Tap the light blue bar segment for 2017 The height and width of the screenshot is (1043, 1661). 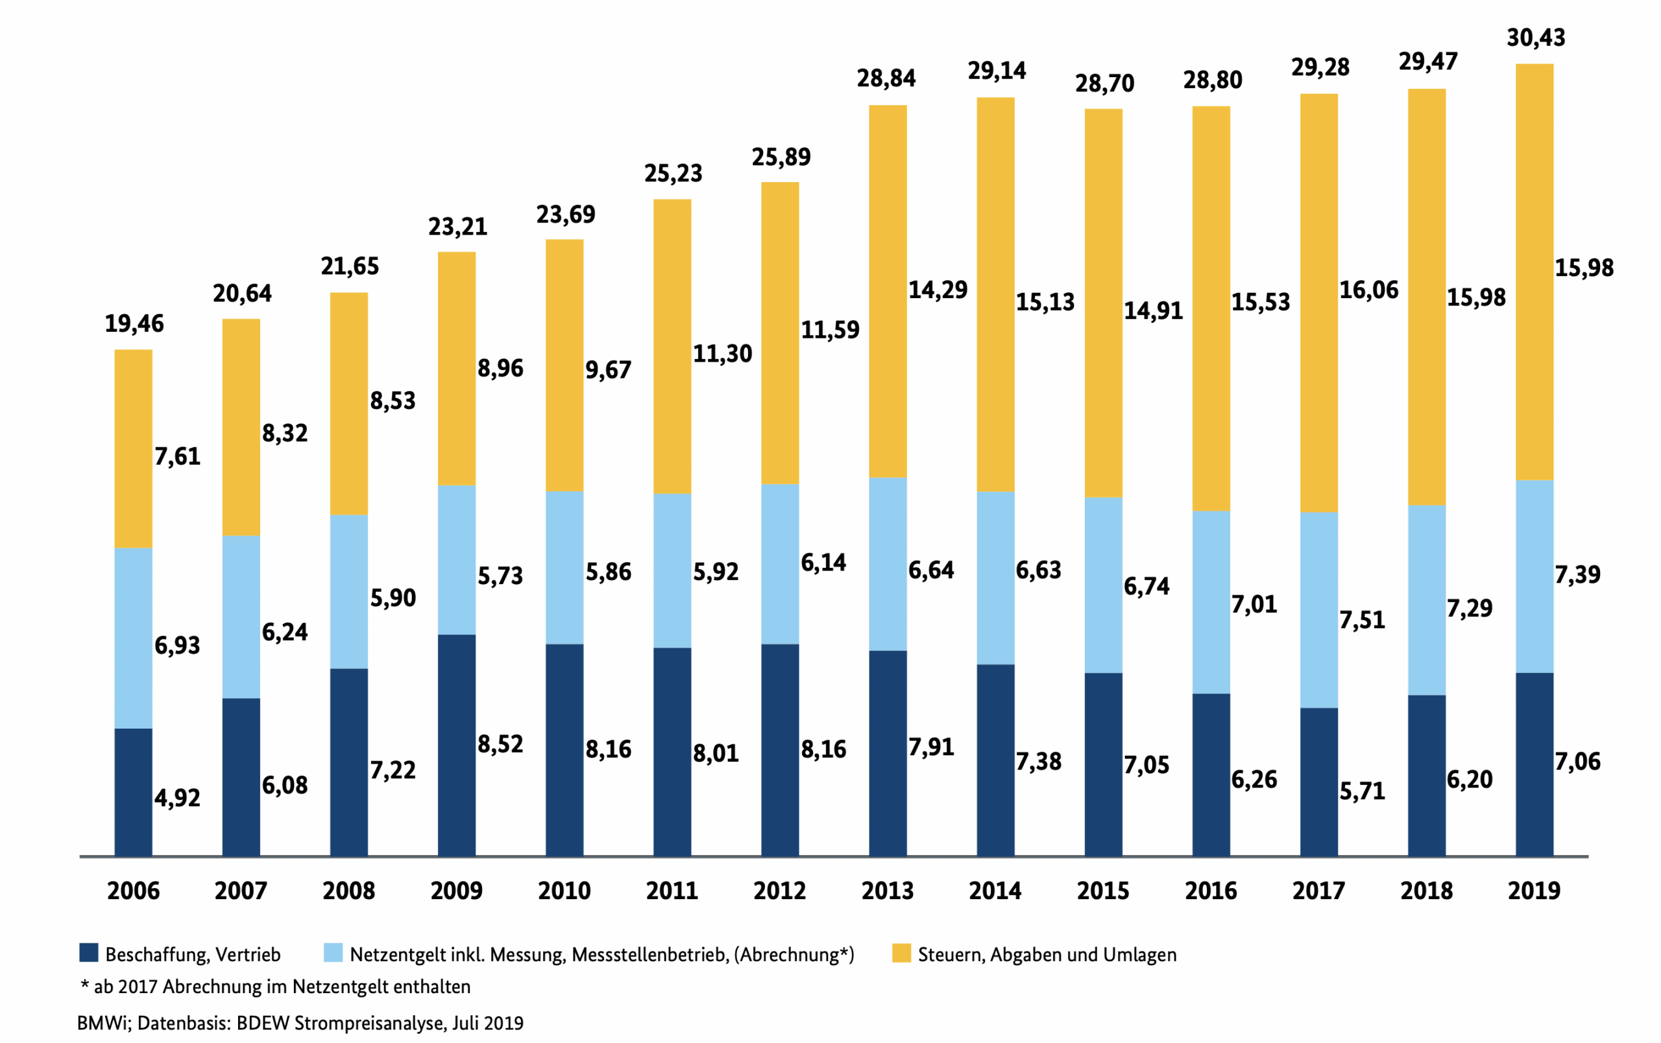(x=1318, y=609)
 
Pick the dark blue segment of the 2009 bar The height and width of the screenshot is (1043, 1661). (x=456, y=745)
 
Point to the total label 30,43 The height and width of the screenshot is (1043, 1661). (x=1536, y=37)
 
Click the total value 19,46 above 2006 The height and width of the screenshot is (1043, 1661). (x=134, y=323)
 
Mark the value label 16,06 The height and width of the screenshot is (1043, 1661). (x=1368, y=290)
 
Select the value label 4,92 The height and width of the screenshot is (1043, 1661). (x=177, y=797)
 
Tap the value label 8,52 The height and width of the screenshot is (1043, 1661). (x=500, y=744)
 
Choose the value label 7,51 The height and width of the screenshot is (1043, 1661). (x=1362, y=620)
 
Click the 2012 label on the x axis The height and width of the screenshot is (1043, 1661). (x=779, y=891)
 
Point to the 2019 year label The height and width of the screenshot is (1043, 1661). (x=1533, y=891)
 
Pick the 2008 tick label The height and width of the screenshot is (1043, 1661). (x=348, y=891)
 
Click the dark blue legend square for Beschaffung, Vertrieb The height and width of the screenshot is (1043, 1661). (x=89, y=953)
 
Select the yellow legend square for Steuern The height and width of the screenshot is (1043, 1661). (x=901, y=953)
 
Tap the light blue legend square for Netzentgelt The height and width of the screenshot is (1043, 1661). (x=333, y=953)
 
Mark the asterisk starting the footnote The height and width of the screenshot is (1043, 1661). (x=85, y=985)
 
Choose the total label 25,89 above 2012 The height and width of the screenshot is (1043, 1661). (x=781, y=157)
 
